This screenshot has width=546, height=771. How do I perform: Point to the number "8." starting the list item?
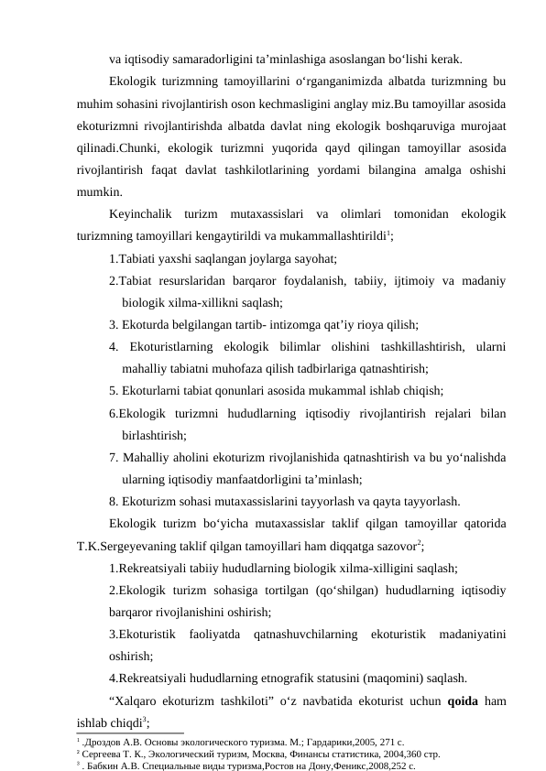coord(113,502)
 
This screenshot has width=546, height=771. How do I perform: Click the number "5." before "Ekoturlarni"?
coord(113,390)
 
